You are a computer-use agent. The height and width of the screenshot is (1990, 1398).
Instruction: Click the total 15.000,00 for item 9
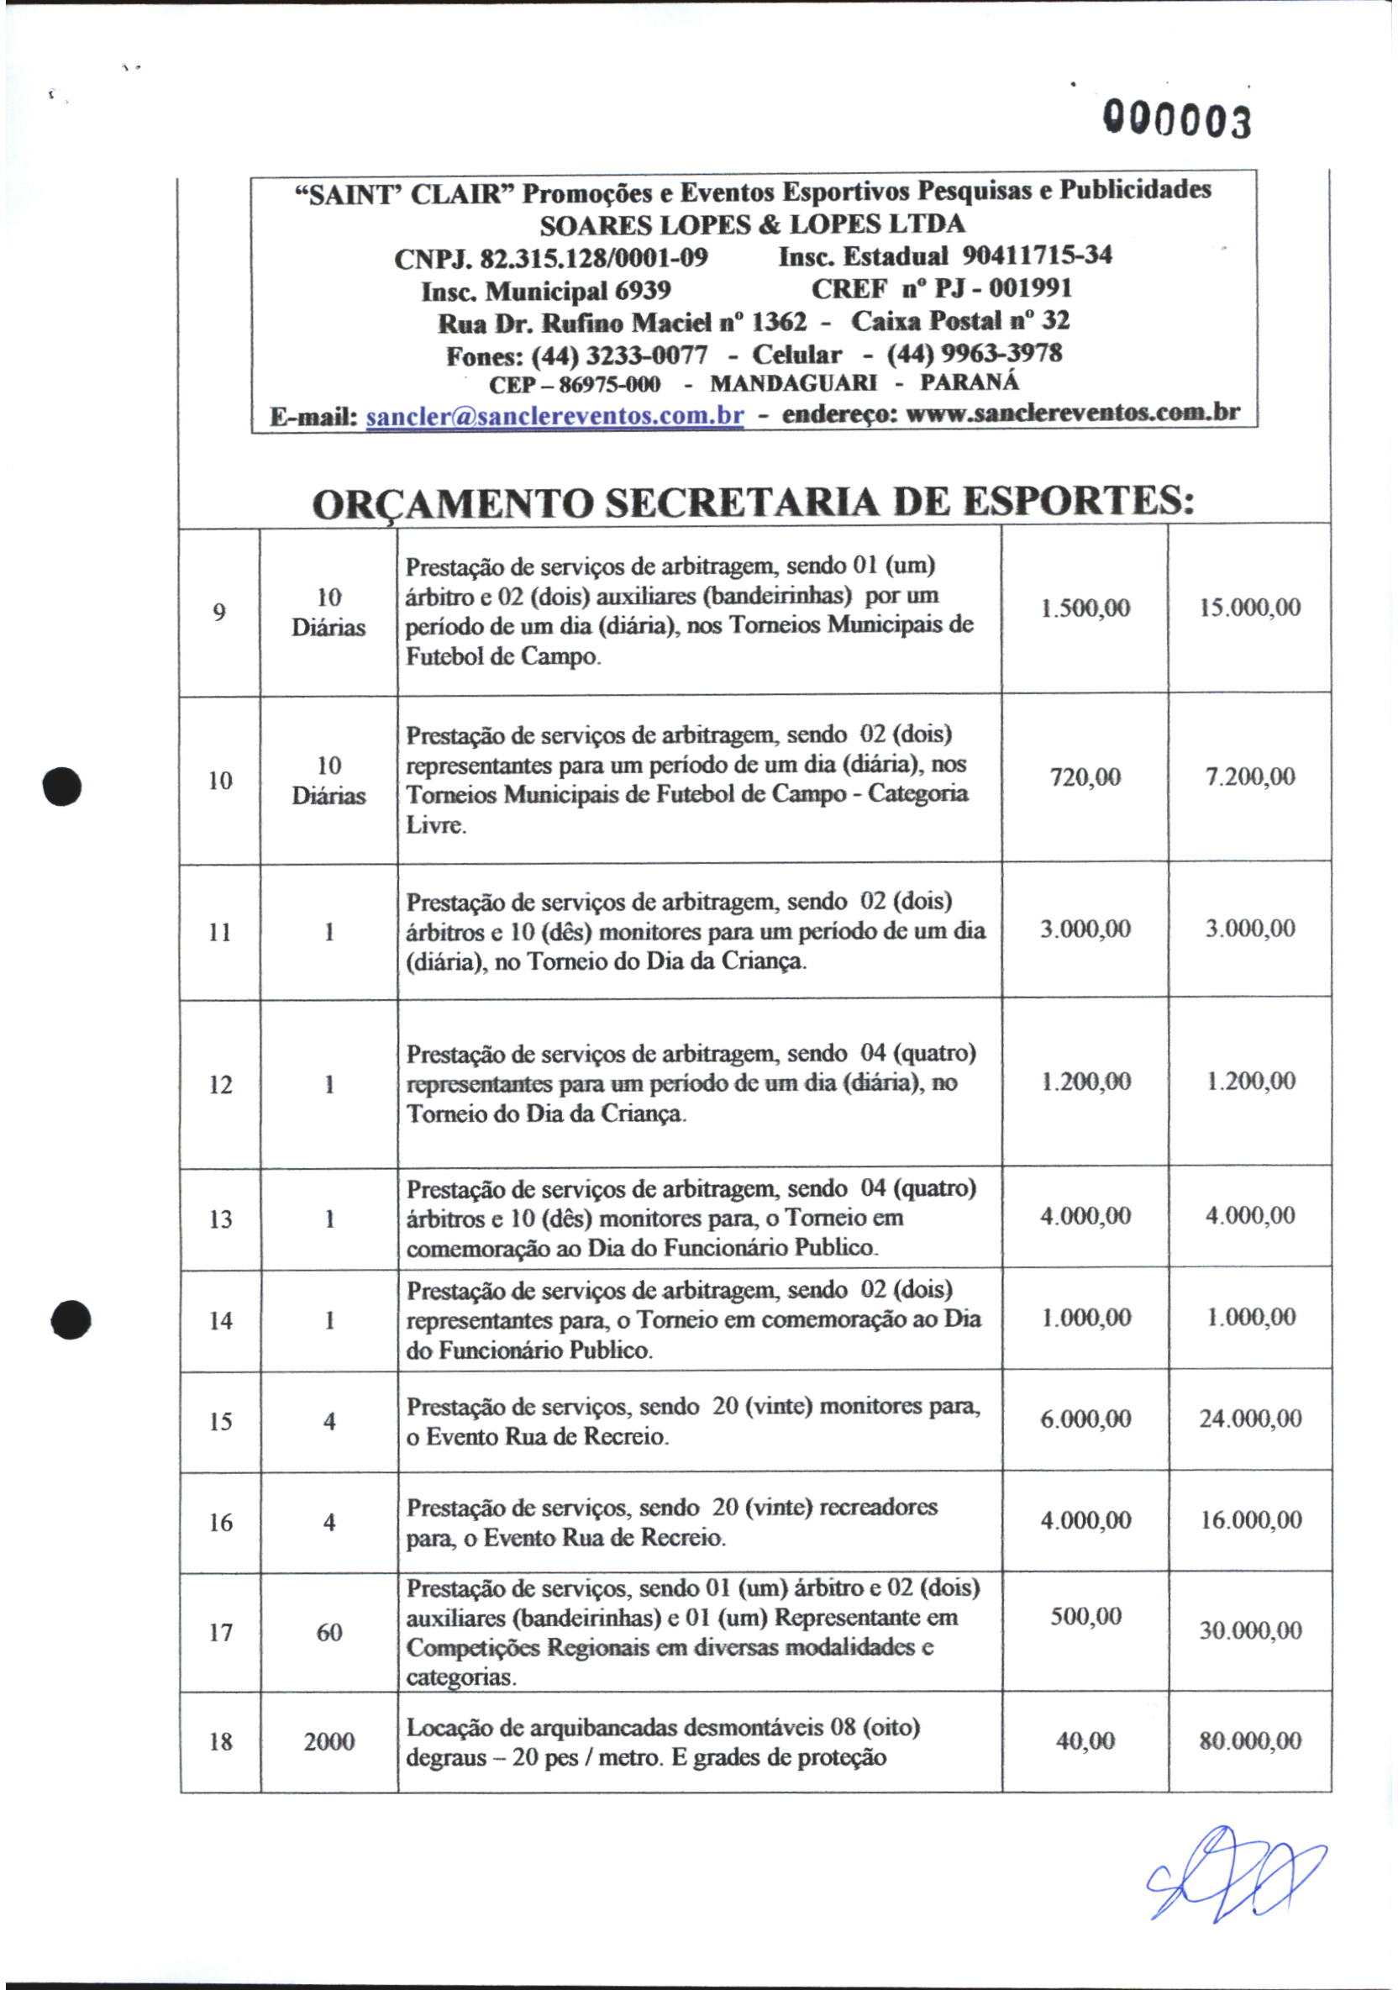pyautogui.click(x=1249, y=608)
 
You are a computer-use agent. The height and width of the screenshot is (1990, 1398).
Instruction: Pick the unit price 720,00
pyautogui.click(x=1085, y=777)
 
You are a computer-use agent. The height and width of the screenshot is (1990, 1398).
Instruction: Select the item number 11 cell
pyautogui.click(x=220, y=932)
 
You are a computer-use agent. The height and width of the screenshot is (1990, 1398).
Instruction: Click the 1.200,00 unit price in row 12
pyautogui.click(x=1085, y=1081)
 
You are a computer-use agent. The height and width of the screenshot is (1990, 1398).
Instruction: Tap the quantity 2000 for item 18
pyautogui.click(x=328, y=1741)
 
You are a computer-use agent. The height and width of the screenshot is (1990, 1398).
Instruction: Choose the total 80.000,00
pyautogui.click(x=1250, y=1740)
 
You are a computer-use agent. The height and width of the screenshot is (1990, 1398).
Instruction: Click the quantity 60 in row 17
pyautogui.click(x=328, y=1632)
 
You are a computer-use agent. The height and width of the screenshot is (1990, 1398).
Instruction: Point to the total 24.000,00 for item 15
pyautogui.click(x=1250, y=1419)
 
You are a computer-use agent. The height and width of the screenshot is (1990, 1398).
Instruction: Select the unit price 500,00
pyautogui.click(x=1085, y=1615)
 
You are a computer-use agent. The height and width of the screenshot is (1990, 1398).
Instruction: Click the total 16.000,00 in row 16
pyautogui.click(x=1250, y=1519)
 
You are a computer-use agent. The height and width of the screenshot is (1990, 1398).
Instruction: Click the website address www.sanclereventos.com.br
pyautogui.click(x=1072, y=413)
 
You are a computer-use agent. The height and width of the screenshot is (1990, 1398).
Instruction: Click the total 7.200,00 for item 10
pyautogui.click(x=1250, y=777)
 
